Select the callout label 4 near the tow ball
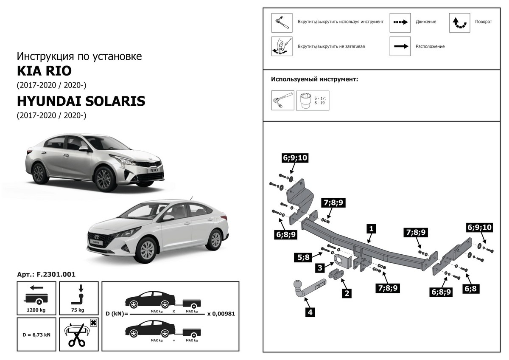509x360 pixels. pos(310,313)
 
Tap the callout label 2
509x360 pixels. pos(347,292)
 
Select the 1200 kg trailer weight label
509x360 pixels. pos(36,310)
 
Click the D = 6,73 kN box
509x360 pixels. pos(36,335)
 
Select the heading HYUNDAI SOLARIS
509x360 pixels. pos(81,101)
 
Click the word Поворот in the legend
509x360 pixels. pos(484,22)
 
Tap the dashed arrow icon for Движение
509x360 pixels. pos(400,22)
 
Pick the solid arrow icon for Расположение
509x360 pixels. pos(400,46)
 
